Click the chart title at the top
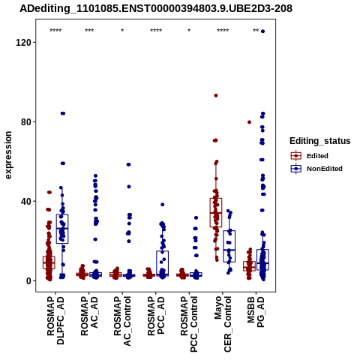coord(156,9)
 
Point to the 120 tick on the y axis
coord(23,43)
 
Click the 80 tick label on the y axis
coord(26,122)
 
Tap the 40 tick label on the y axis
coord(26,201)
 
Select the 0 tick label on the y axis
coord(28,280)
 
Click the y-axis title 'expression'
coord(8,155)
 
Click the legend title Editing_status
coord(320,141)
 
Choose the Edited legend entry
coord(310,156)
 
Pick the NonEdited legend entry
coord(316,169)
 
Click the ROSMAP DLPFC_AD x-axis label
coord(55,320)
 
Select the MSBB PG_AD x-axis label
coord(256,312)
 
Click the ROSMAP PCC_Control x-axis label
coord(189,324)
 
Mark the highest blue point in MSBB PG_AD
coord(262,31)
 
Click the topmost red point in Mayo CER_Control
coord(216,95)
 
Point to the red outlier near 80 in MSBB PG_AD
coord(249,122)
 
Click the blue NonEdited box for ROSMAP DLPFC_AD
coord(62,229)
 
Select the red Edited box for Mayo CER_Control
coord(216,212)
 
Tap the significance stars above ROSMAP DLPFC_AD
coord(55,31)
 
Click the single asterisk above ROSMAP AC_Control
coord(122,31)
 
